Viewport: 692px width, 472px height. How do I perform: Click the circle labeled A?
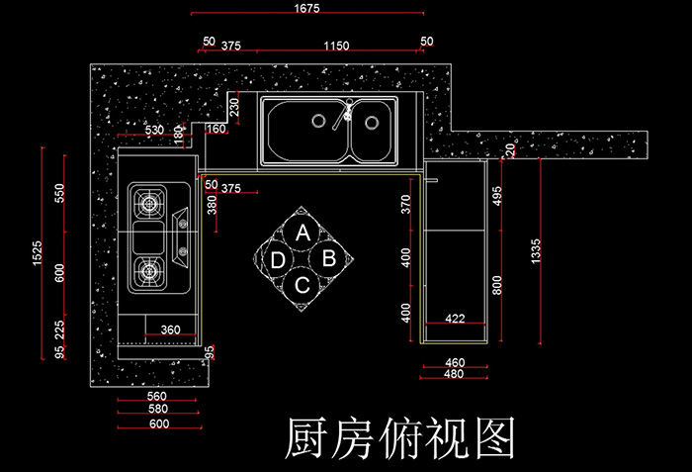click(x=303, y=234)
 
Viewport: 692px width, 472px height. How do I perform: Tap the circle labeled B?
click(x=330, y=259)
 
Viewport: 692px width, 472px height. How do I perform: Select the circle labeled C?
click(x=303, y=286)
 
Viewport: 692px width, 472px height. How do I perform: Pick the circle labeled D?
click(x=278, y=260)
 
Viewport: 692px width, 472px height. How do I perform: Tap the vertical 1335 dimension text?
click(x=536, y=251)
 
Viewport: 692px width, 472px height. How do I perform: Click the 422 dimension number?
click(x=454, y=318)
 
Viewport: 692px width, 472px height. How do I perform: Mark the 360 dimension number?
click(x=170, y=330)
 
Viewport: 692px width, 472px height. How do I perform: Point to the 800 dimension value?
click(x=497, y=284)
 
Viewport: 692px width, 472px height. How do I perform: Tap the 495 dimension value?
click(x=497, y=196)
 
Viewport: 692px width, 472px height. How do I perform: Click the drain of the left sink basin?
click(x=318, y=121)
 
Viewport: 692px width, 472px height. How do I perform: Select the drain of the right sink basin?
click(x=372, y=123)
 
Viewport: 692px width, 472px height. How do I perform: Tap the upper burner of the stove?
click(x=148, y=205)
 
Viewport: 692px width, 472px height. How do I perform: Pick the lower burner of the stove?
click(x=148, y=267)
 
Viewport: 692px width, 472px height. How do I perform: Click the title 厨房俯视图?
click(x=400, y=435)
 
